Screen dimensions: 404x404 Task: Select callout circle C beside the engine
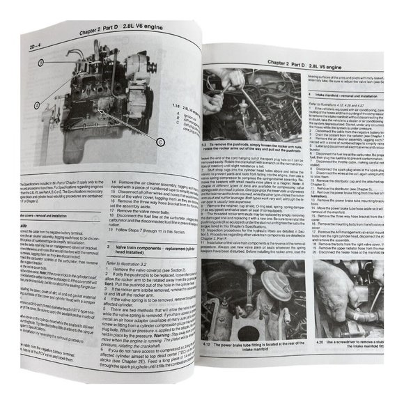click(161, 141)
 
